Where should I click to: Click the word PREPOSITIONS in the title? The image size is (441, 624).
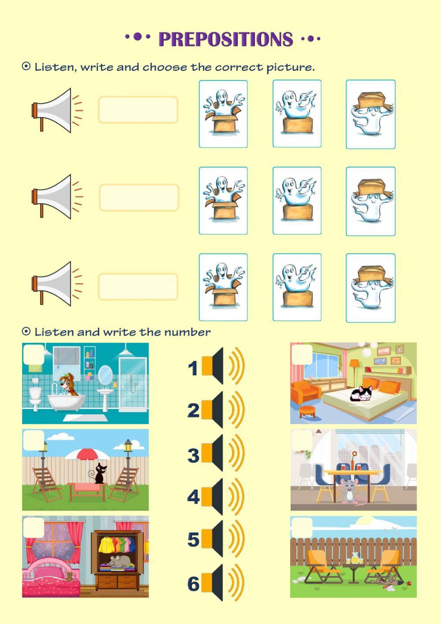pyautogui.click(x=226, y=39)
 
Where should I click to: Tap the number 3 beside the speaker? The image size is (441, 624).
pyautogui.click(x=193, y=455)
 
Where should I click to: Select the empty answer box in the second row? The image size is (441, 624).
pyautogui.click(x=139, y=197)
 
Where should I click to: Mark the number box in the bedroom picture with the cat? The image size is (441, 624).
pyautogui.click(x=302, y=355)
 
